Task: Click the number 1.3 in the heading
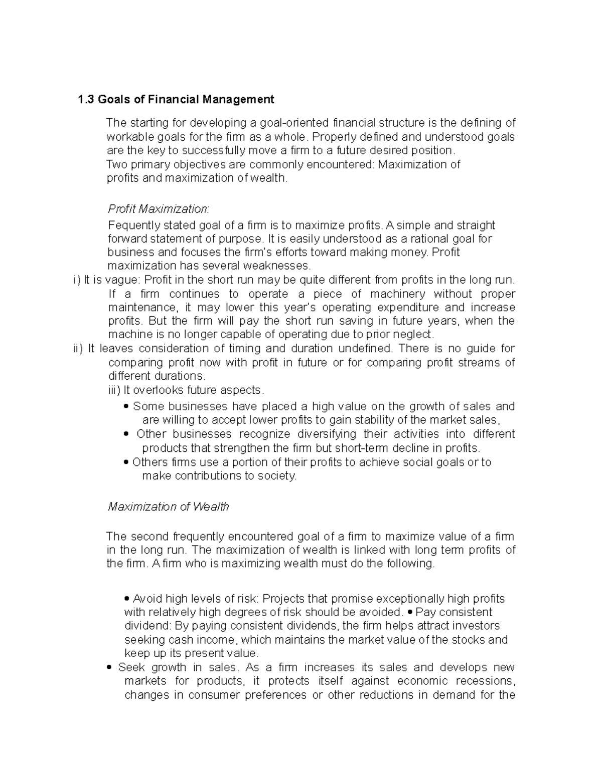86,99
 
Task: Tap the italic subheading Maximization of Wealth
169,506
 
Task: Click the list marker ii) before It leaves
78,348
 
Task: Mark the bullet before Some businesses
126,407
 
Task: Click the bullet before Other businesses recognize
126,434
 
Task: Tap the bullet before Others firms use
126,462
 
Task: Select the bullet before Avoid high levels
127,599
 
